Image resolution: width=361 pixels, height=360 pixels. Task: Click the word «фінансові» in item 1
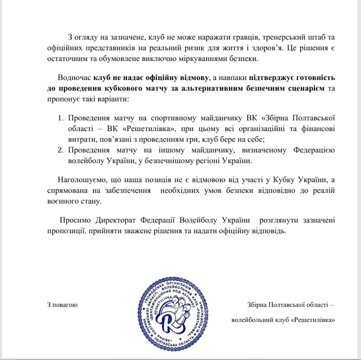point(318,129)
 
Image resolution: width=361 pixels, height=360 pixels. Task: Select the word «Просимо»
point(75,220)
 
